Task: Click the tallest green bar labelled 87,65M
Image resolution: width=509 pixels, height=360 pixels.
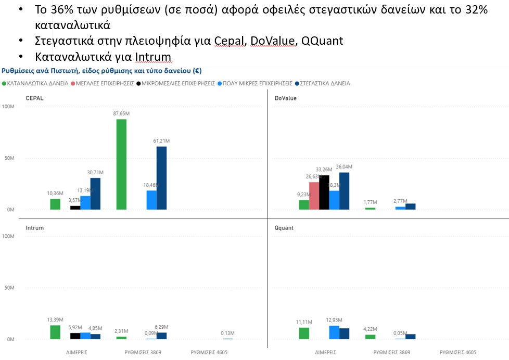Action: (121, 164)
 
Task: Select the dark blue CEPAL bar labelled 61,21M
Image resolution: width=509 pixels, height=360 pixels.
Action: (162, 178)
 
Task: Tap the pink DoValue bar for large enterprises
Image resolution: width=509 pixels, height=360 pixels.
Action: (314, 196)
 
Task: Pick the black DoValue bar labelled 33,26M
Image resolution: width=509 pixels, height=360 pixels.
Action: (324, 192)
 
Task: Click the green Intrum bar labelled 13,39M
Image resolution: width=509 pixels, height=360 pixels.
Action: (55, 332)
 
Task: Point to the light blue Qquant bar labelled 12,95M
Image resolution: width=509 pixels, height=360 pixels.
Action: (334, 332)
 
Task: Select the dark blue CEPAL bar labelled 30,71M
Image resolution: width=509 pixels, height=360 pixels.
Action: (95, 194)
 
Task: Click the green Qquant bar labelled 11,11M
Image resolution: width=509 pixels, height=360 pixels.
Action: (304, 333)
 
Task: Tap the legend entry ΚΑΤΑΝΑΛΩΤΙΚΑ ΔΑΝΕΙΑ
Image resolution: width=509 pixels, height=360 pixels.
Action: (37, 83)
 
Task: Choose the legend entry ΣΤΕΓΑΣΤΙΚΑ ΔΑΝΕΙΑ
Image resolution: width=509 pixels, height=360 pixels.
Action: (325, 83)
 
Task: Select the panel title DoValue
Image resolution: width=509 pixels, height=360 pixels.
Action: (285, 98)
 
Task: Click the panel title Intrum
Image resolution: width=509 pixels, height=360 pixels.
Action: (35, 228)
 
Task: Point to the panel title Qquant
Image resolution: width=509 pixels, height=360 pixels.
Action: (284, 228)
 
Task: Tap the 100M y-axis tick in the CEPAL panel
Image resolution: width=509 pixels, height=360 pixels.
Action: (8, 107)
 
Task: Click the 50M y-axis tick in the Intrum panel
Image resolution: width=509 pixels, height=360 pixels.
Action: (9, 288)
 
